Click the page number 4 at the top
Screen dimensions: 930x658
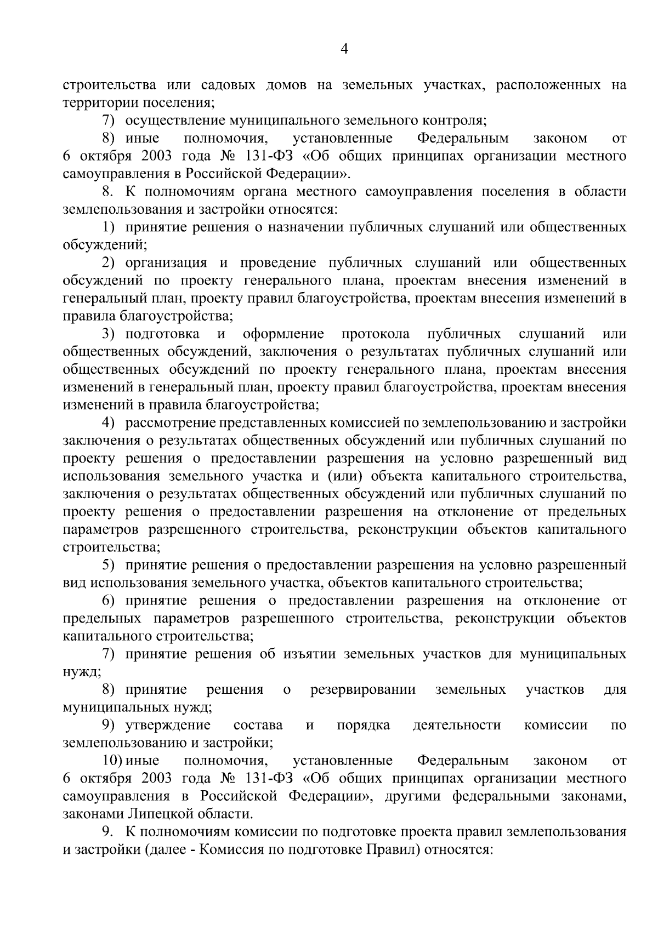coord(344,49)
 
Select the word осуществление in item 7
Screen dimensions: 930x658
coord(176,121)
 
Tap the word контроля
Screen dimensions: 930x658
coord(460,121)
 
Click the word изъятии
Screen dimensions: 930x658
coord(310,654)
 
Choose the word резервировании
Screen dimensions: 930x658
coord(363,689)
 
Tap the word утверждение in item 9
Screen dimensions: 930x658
coord(168,725)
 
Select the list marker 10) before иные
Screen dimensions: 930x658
coord(113,761)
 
